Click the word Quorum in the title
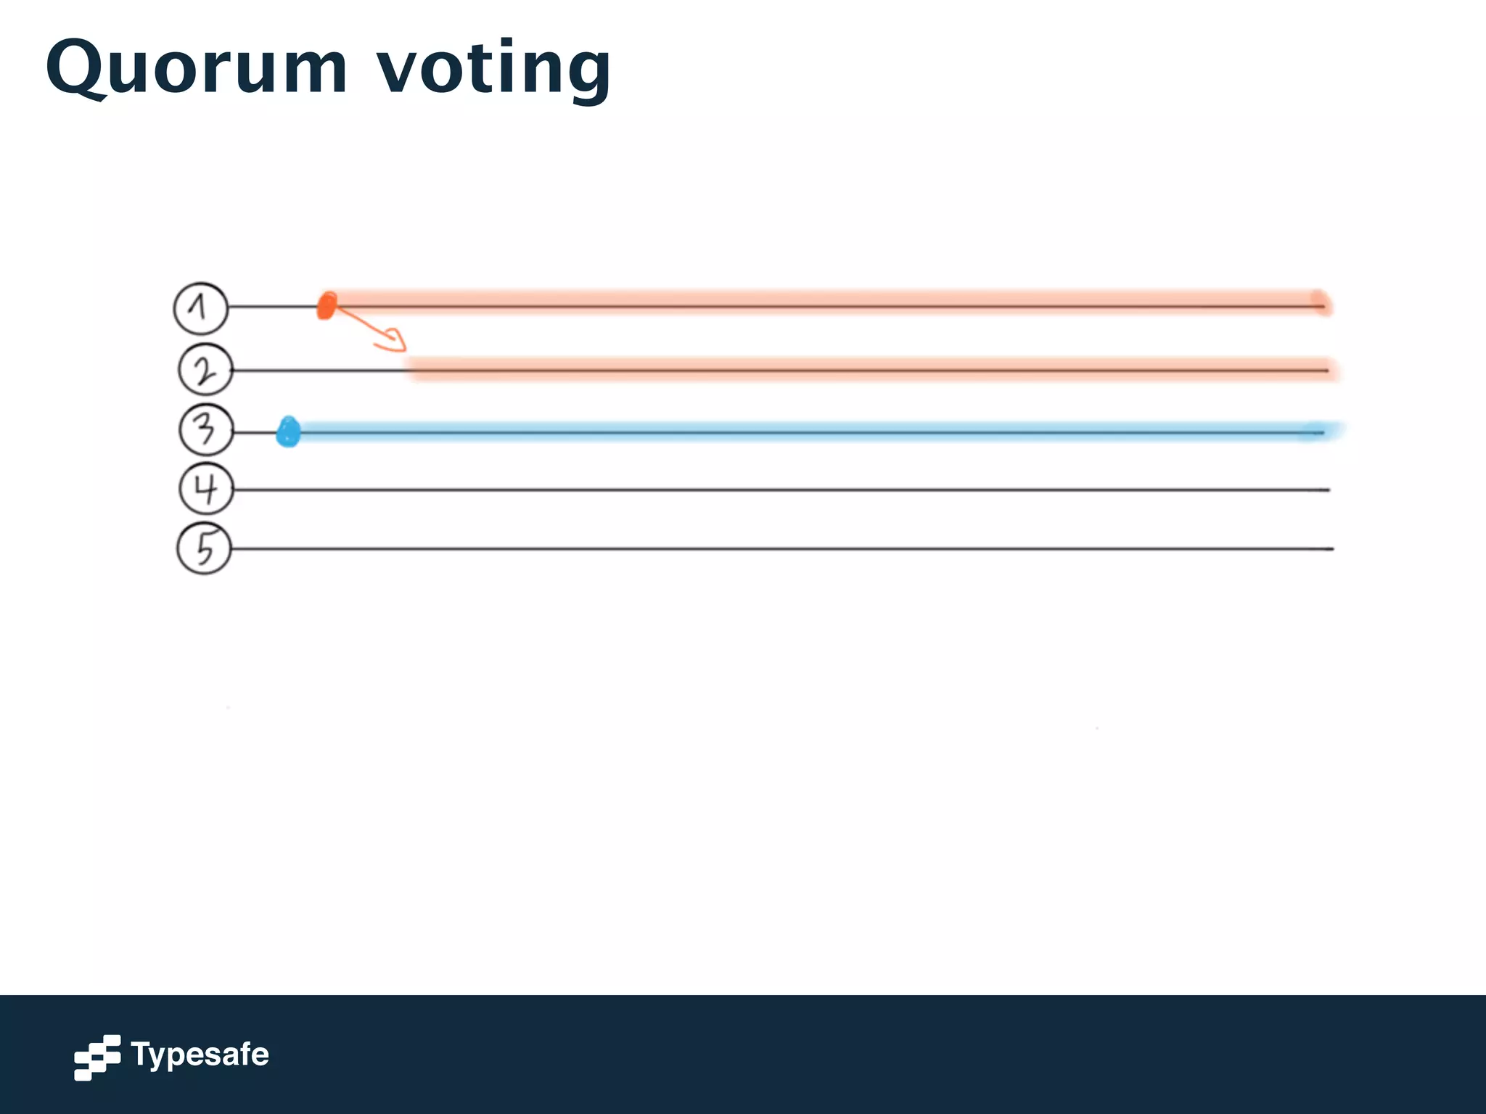[196, 69]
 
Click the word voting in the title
[493, 69]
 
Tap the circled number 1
[200, 308]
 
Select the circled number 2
[205, 371]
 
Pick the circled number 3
[206, 431]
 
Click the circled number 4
[206, 490]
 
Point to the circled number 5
[205, 548]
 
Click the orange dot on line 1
[327, 306]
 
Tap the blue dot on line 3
[289, 432]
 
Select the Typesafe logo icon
[97, 1057]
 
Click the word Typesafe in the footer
[200, 1055]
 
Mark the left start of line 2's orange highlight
[411, 370]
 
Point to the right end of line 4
[1328, 490]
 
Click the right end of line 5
[1331, 549]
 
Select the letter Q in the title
[76, 69]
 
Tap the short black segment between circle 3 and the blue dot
[255, 433]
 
